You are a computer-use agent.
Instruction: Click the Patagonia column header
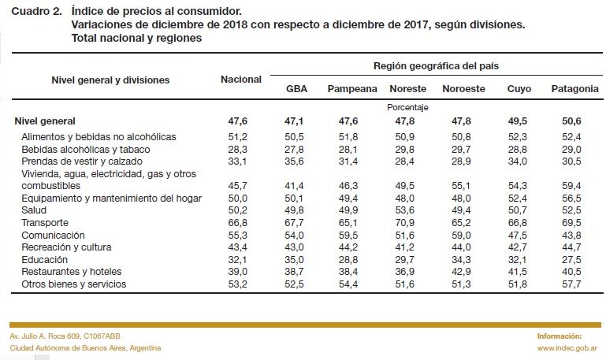(x=574, y=89)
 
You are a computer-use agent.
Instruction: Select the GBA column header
(x=296, y=89)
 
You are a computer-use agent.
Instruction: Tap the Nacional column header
(x=241, y=80)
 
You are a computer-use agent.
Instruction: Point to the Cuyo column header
(x=519, y=89)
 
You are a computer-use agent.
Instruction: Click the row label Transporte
(x=45, y=222)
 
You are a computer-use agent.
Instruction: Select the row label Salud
(x=34, y=210)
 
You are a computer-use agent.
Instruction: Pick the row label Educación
(x=44, y=260)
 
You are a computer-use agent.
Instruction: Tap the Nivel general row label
(x=45, y=121)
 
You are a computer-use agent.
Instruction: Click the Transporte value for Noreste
(x=404, y=223)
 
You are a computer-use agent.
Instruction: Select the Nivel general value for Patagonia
(x=571, y=121)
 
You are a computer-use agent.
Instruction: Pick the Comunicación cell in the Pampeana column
(x=348, y=236)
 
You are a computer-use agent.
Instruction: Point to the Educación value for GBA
(x=294, y=260)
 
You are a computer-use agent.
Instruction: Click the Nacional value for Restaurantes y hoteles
(x=238, y=272)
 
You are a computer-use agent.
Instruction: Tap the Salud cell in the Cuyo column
(x=518, y=210)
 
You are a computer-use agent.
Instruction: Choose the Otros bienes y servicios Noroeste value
(x=461, y=284)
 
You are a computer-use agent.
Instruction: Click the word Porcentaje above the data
(x=407, y=107)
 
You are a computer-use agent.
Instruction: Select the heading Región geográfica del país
(x=436, y=66)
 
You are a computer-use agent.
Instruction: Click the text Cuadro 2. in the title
(x=37, y=11)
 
